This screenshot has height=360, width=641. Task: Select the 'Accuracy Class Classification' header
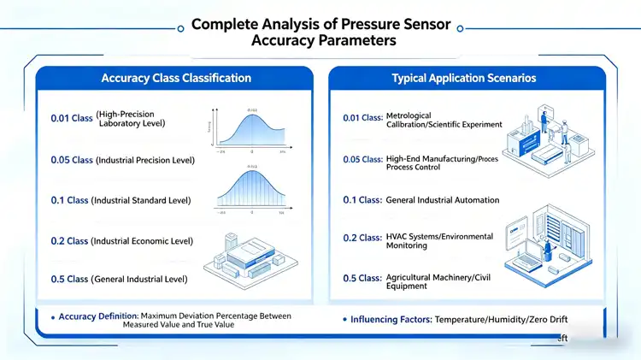(x=176, y=78)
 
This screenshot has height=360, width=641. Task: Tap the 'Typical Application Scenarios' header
(x=464, y=78)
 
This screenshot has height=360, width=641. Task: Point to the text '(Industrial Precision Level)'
(x=145, y=160)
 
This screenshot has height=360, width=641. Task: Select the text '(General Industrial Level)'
(x=142, y=279)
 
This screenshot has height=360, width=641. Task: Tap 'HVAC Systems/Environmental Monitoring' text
(x=439, y=241)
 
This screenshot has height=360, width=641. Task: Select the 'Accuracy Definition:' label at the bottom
(x=97, y=316)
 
